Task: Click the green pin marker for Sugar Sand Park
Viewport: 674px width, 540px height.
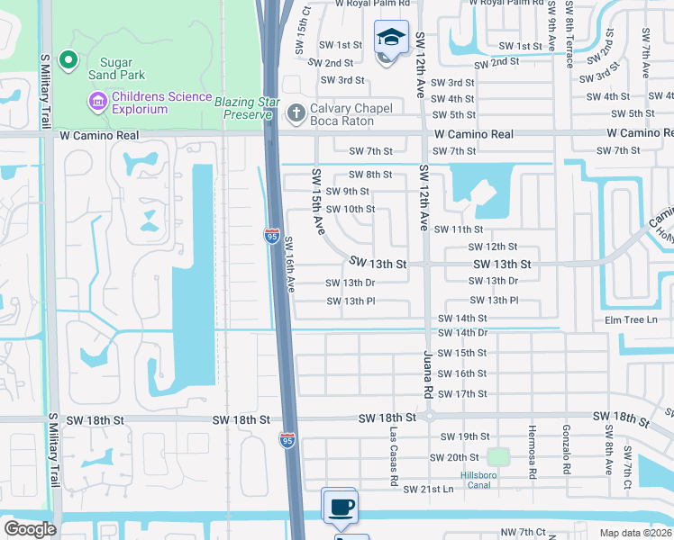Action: pos(66,60)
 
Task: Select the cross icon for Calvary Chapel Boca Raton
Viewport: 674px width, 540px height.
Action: pos(294,113)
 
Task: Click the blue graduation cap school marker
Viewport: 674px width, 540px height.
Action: pos(391,38)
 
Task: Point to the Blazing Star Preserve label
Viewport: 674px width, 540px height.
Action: pos(243,108)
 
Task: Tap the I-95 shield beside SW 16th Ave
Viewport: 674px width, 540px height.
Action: pos(271,235)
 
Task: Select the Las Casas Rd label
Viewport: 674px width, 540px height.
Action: pos(394,457)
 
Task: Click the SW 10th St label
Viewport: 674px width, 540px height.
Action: pos(351,210)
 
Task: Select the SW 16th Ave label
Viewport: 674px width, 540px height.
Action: pos(290,265)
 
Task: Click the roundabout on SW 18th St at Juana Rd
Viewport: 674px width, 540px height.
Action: pos(430,417)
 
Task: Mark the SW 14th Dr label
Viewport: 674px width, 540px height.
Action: pos(462,333)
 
